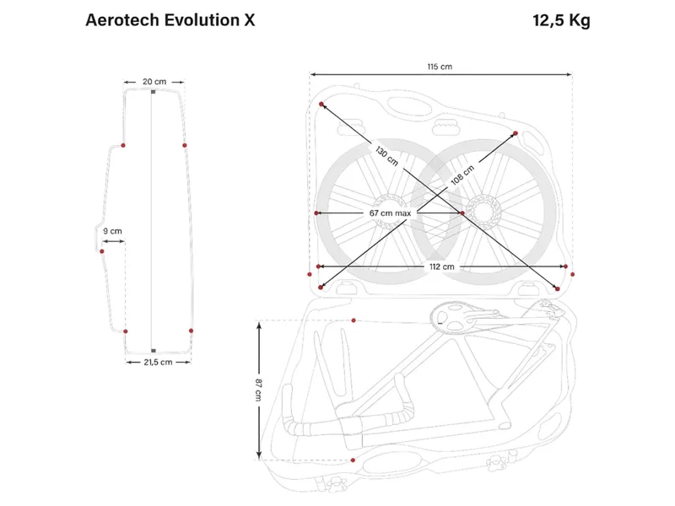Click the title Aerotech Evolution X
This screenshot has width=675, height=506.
170,20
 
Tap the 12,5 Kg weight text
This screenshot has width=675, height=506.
561,20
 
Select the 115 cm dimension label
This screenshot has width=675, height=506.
440,67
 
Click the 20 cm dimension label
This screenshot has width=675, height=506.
154,81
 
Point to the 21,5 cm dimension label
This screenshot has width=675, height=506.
158,363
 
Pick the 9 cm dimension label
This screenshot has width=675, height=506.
112,231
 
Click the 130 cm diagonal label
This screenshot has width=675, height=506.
386,156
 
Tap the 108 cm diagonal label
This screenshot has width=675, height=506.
462,175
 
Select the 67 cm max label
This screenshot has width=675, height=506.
390,213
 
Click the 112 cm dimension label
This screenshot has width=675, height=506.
441,266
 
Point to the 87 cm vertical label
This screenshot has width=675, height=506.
258,390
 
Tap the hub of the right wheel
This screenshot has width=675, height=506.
483,213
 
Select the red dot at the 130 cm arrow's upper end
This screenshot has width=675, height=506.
321,104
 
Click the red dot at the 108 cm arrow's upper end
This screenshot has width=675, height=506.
516,133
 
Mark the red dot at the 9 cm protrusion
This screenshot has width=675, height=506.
102,251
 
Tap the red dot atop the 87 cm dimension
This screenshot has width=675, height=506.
354,320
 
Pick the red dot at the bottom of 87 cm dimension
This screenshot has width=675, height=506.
353,460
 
